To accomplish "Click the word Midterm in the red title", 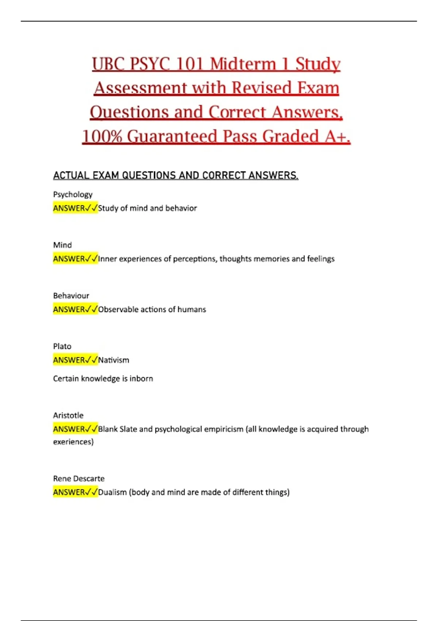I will pyautogui.click(x=243, y=64).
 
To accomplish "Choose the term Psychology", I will pyautogui.click(x=73, y=195).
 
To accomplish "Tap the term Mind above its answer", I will pyautogui.click(x=62, y=245).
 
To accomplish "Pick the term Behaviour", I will pyautogui.click(x=71, y=296).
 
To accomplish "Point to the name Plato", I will pyautogui.click(x=62, y=346).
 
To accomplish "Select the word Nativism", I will pyautogui.click(x=114, y=360).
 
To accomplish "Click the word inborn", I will pyautogui.click(x=141, y=379).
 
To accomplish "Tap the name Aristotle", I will pyautogui.click(x=68, y=415).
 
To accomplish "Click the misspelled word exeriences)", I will pyautogui.click(x=73, y=442).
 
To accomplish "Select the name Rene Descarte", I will pyautogui.click(x=79, y=479).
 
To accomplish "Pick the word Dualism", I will pyautogui.click(x=112, y=492).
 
